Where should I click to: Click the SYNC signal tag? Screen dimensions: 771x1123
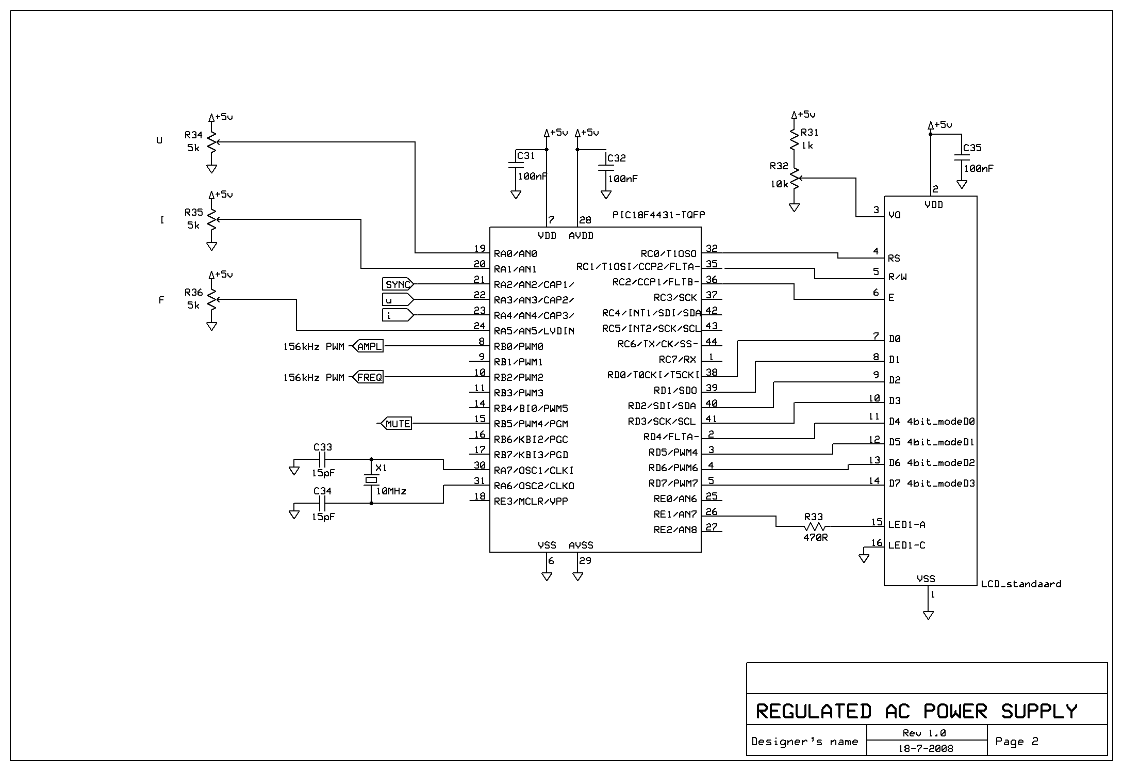pos(398,284)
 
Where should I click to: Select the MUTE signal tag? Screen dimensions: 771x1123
pos(398,424)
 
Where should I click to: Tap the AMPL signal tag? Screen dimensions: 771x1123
pos(369,346)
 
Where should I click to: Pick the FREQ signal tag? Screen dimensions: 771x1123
pos(369,377)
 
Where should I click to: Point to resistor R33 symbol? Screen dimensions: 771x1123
pos(815,527)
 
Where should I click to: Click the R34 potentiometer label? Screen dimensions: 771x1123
pos(193,135)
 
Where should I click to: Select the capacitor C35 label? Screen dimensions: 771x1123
pos(972,148)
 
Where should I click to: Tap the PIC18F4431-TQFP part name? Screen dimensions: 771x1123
pos(658,215)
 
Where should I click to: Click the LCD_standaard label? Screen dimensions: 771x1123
pos(1020,584)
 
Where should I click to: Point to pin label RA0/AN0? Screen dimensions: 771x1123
pos(515,254)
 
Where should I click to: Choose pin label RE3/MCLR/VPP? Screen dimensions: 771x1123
pos(531,502)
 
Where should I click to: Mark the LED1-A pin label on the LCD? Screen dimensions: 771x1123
pos(906,525)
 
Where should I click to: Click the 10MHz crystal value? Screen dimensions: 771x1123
pos(391,491)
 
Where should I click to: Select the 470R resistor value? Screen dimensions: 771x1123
pos(815,537)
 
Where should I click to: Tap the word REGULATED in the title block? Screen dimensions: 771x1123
pos(813,711)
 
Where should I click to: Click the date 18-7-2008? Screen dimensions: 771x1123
pos(926,748)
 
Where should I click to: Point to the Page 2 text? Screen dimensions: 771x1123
pos(1016,742)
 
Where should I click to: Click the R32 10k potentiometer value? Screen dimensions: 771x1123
pos(779,184)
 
